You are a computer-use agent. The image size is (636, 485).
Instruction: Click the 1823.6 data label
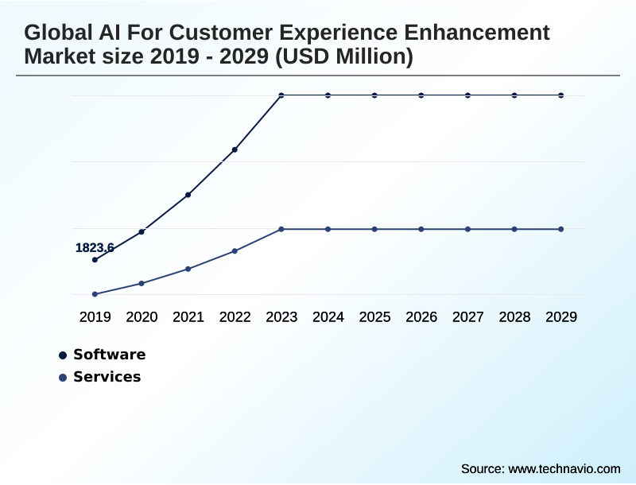coord(95,248)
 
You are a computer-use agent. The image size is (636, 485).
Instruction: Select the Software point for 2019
coord(95,260)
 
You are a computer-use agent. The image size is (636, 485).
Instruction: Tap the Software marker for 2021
coord(188,195)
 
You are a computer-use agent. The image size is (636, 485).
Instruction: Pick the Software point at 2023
coord(281,95)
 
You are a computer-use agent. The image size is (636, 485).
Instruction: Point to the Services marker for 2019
coord(95,294)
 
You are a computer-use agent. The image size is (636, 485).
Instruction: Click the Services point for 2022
coord(235,251)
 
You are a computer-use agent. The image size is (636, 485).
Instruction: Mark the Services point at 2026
coord(421,229)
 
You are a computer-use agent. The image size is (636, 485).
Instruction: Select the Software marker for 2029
coord(561,95)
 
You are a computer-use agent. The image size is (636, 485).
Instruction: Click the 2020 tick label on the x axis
coord(142,317)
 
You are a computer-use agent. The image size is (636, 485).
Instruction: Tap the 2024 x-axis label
coord(328,317)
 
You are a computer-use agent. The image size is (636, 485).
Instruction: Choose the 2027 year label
coord(468,317)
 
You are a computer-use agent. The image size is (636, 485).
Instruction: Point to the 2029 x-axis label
coord(561,317)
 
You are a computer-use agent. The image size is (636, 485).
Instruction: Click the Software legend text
coord(109,355)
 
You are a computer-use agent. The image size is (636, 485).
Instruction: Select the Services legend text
coord(107,377)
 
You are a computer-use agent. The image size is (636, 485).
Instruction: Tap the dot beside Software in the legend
coord(63,355)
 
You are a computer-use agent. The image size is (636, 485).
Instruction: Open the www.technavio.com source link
coord(564,468)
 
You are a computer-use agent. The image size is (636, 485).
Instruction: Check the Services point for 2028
coord(514,229)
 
